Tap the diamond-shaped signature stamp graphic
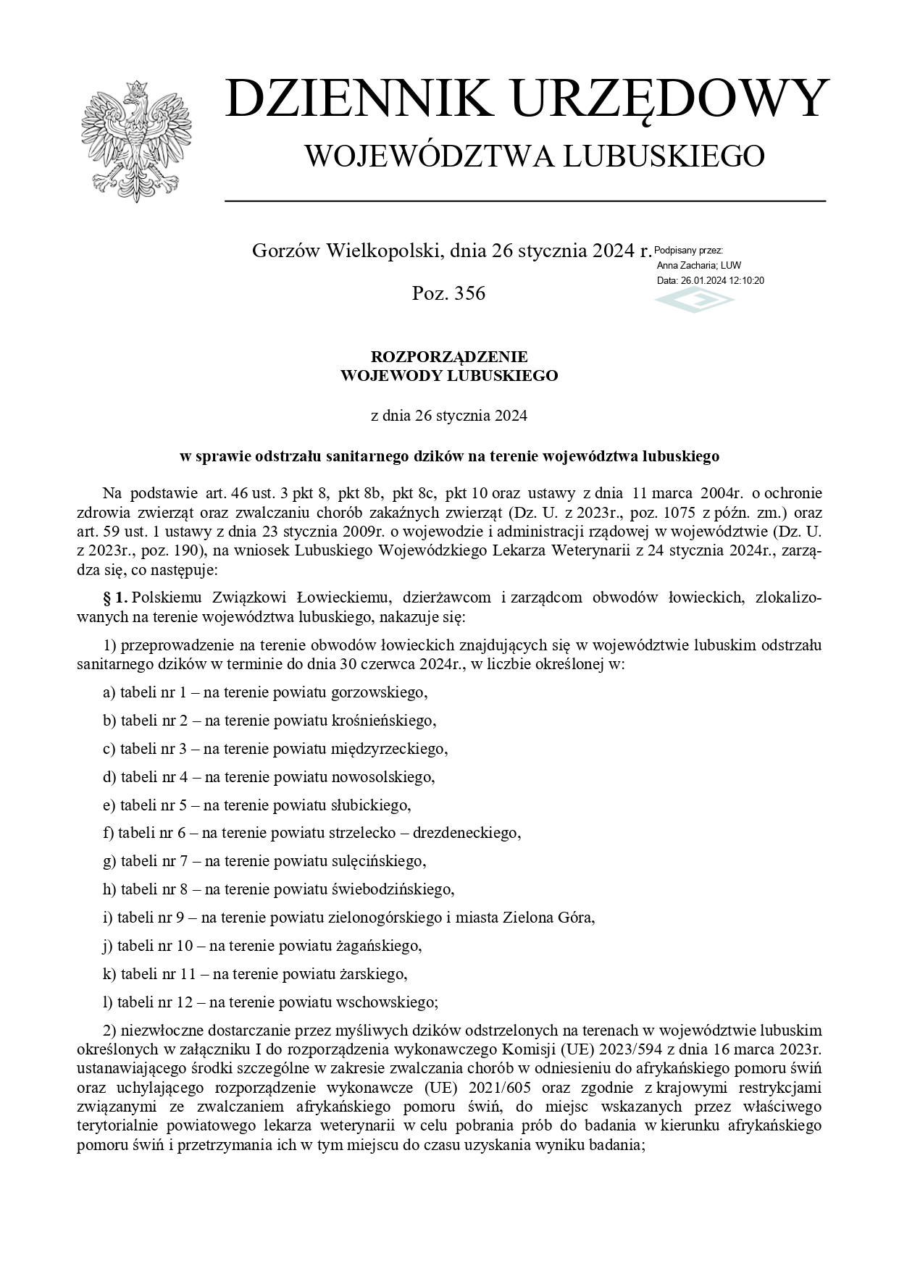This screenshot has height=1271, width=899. (x=694, y=299)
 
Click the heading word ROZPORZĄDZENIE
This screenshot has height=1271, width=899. (x=449, y=356)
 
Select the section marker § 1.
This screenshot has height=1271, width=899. (x=116, y=597)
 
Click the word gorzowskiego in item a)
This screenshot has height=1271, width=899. (x=379, y=692)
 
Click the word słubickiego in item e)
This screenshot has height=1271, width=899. (x=371, y=805)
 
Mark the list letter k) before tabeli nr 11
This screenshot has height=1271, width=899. (x=109, y=974)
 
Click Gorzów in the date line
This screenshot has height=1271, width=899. (x=285, y=251)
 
